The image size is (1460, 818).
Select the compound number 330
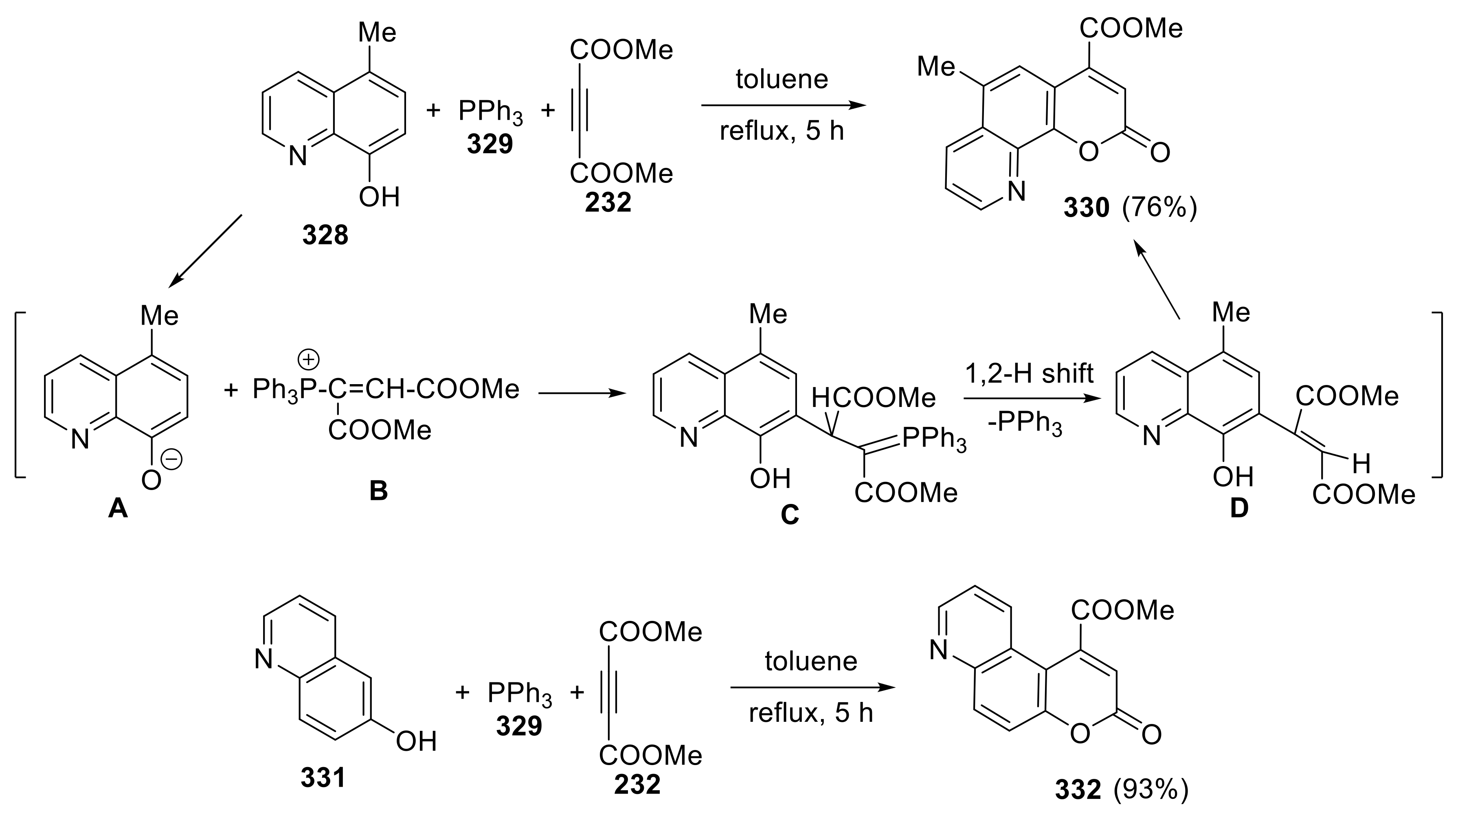point(1086,208)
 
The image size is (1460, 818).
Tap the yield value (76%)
point(1159,208)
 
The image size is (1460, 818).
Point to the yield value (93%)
point(1150,789)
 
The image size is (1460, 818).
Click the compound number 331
point(323,779)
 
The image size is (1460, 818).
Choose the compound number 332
point(1078,789)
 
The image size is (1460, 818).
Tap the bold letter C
point(790,514)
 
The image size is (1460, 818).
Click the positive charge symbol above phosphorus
point(309,359)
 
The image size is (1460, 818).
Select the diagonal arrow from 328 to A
point(207,249)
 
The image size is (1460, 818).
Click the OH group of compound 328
point(379,197)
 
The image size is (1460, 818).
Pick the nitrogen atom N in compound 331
point(263,659)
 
